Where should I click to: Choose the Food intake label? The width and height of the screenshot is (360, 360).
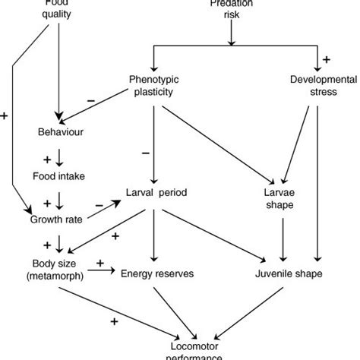tap(58, 176)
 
